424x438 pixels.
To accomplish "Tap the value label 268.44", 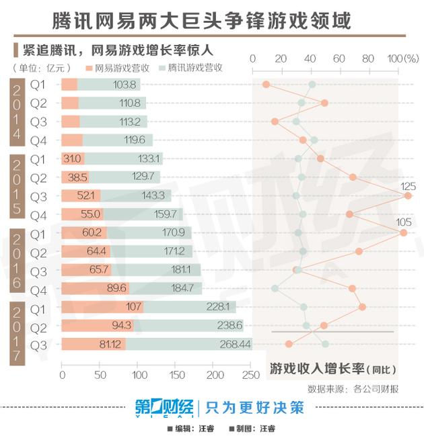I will tap(235, 344).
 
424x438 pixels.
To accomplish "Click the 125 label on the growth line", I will tap(408, 186).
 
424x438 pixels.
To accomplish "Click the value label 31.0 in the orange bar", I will tap(72, 159).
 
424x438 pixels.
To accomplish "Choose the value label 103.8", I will tap(125, 85).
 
